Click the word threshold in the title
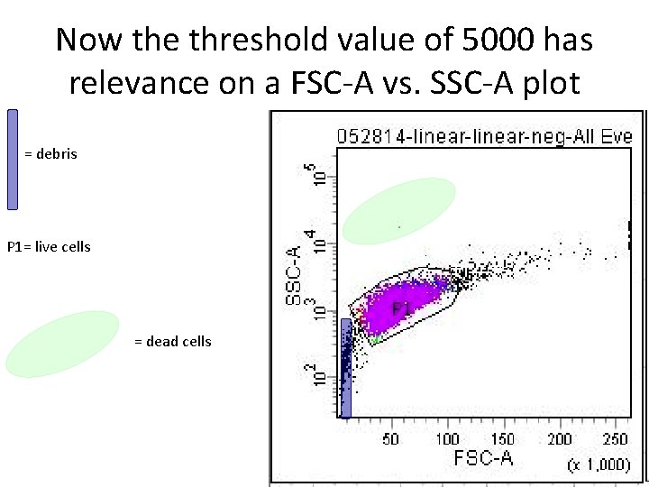[211, 40]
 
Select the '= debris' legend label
[50, 154]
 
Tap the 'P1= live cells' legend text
[49, 246]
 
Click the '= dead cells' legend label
[172, 341]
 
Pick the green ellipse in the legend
[62, 344]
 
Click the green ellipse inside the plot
[398, 210]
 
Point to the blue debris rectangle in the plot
[345, 368]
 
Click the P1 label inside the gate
[402, 309]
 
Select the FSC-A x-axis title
[483, 458]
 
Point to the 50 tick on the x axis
[391, 439]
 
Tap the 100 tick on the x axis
[447, 439]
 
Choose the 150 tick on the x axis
[503, 439]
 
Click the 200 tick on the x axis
[560, 439]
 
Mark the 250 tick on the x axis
[615, 439]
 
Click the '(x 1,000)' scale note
[599, 464]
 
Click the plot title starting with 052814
[484, 137]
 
